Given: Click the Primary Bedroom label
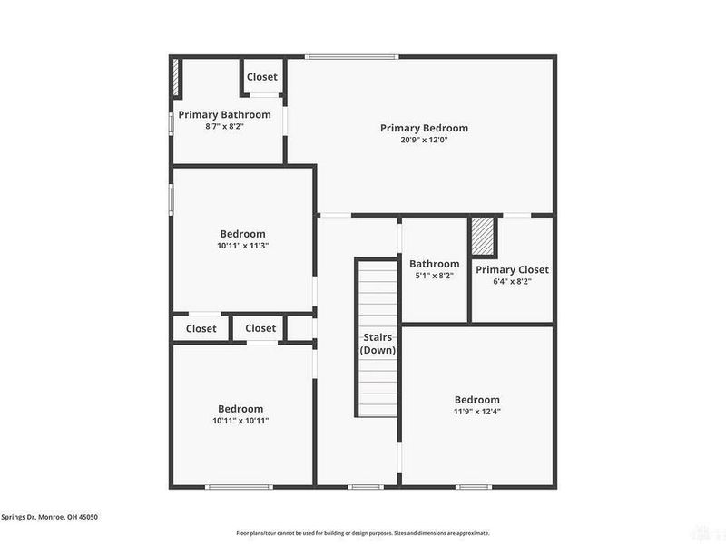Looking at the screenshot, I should (424, 128).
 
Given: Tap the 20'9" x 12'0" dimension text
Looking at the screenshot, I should (424, 140).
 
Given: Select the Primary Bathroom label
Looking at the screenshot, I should (224, 114).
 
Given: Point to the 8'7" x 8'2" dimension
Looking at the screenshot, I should (224, 126).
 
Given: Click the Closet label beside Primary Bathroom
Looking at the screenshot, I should (261, 77).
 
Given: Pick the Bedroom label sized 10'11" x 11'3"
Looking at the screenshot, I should (241, 234).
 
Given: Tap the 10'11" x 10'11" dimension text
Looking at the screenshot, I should (240, 420).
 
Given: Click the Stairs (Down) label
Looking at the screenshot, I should (377, 344).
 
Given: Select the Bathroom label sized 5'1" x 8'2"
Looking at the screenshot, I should (434, 264).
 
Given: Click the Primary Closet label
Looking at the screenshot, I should (512, 269).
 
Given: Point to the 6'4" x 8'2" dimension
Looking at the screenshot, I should (512, 281).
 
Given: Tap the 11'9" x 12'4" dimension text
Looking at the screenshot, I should (476, 412).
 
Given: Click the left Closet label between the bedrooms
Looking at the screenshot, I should (201, 328).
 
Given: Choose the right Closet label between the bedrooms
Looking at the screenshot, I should (260, 328).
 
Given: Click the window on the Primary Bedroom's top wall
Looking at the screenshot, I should (351, 57).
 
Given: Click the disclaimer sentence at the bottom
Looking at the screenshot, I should (363, 533).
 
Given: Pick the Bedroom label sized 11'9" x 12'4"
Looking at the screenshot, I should (476, 400).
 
